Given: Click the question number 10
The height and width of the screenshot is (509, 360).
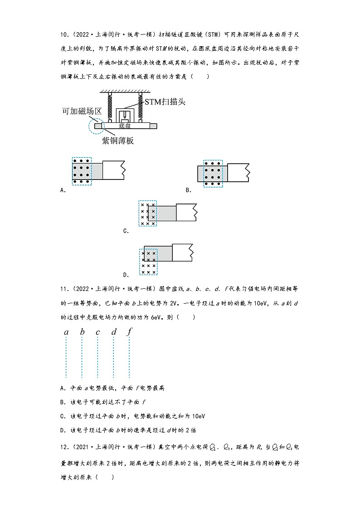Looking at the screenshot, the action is (x=63, y=35).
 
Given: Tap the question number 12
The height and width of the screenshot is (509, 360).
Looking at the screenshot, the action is (x=63, y=448).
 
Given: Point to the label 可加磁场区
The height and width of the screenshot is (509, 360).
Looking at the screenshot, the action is (x=81, y=111).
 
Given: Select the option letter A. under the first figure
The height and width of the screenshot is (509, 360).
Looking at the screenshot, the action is (x=63, y=190).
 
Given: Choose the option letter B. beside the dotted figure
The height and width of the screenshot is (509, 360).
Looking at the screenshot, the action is (x=189, y=190).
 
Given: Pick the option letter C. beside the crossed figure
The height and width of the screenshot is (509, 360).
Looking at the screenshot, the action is (x=126, y=231).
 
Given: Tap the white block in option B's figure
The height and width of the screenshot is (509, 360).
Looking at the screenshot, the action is (x=237, y=173).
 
